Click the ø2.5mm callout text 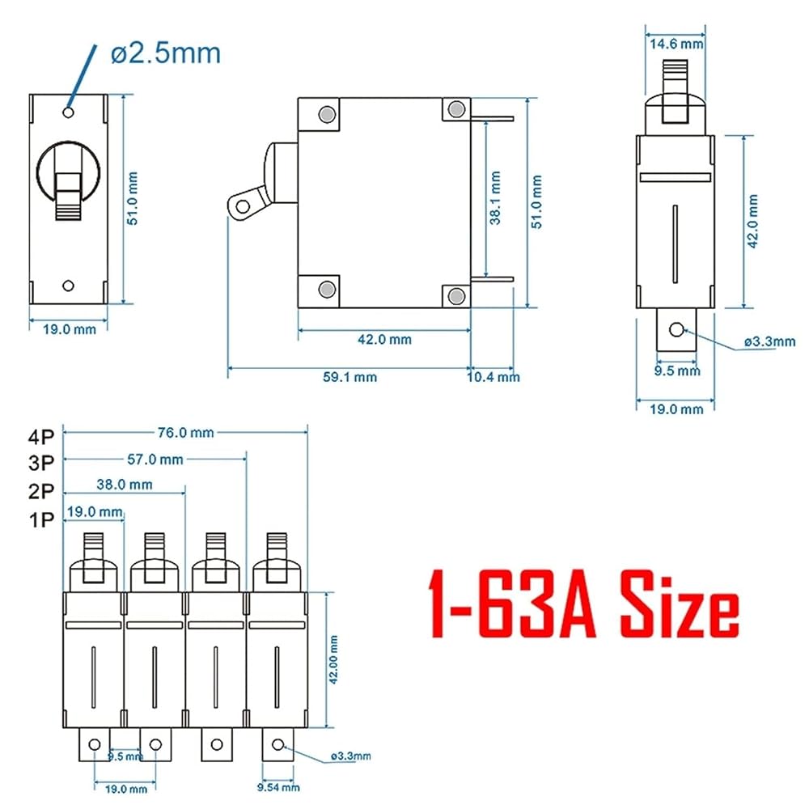166,53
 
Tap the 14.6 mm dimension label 676,44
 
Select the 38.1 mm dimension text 495,198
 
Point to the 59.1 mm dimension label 349,377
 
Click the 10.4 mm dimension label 493,377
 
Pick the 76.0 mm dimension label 186,432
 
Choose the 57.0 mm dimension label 155,460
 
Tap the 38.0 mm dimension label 125,485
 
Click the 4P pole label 41,437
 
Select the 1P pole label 41,519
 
